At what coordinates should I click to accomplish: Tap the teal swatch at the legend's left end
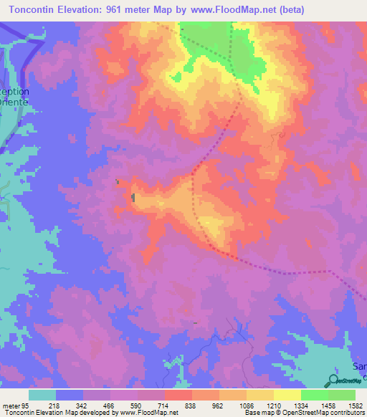(x=42, y=395)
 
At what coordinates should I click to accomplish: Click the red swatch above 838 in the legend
(x=178, y=395)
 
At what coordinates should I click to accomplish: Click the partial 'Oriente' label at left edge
(x=14, y=102)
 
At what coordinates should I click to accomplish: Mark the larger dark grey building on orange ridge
(x=133, y=197)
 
